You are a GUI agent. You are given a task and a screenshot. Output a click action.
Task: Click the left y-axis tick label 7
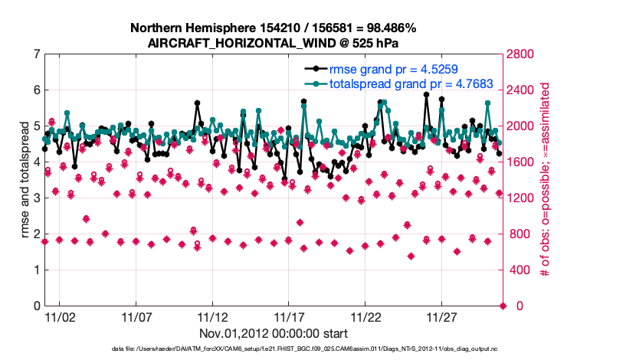(36, 54)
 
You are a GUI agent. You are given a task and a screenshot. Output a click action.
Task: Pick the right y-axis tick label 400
(522, 270)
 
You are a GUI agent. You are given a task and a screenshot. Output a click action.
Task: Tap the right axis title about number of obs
(546, 180)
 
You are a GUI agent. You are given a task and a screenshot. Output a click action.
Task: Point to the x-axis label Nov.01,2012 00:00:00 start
(274, 334)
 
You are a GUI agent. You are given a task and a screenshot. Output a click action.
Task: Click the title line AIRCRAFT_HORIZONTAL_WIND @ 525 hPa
(274, 43)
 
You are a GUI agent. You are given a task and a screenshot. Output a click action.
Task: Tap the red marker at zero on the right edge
(503, 306)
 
